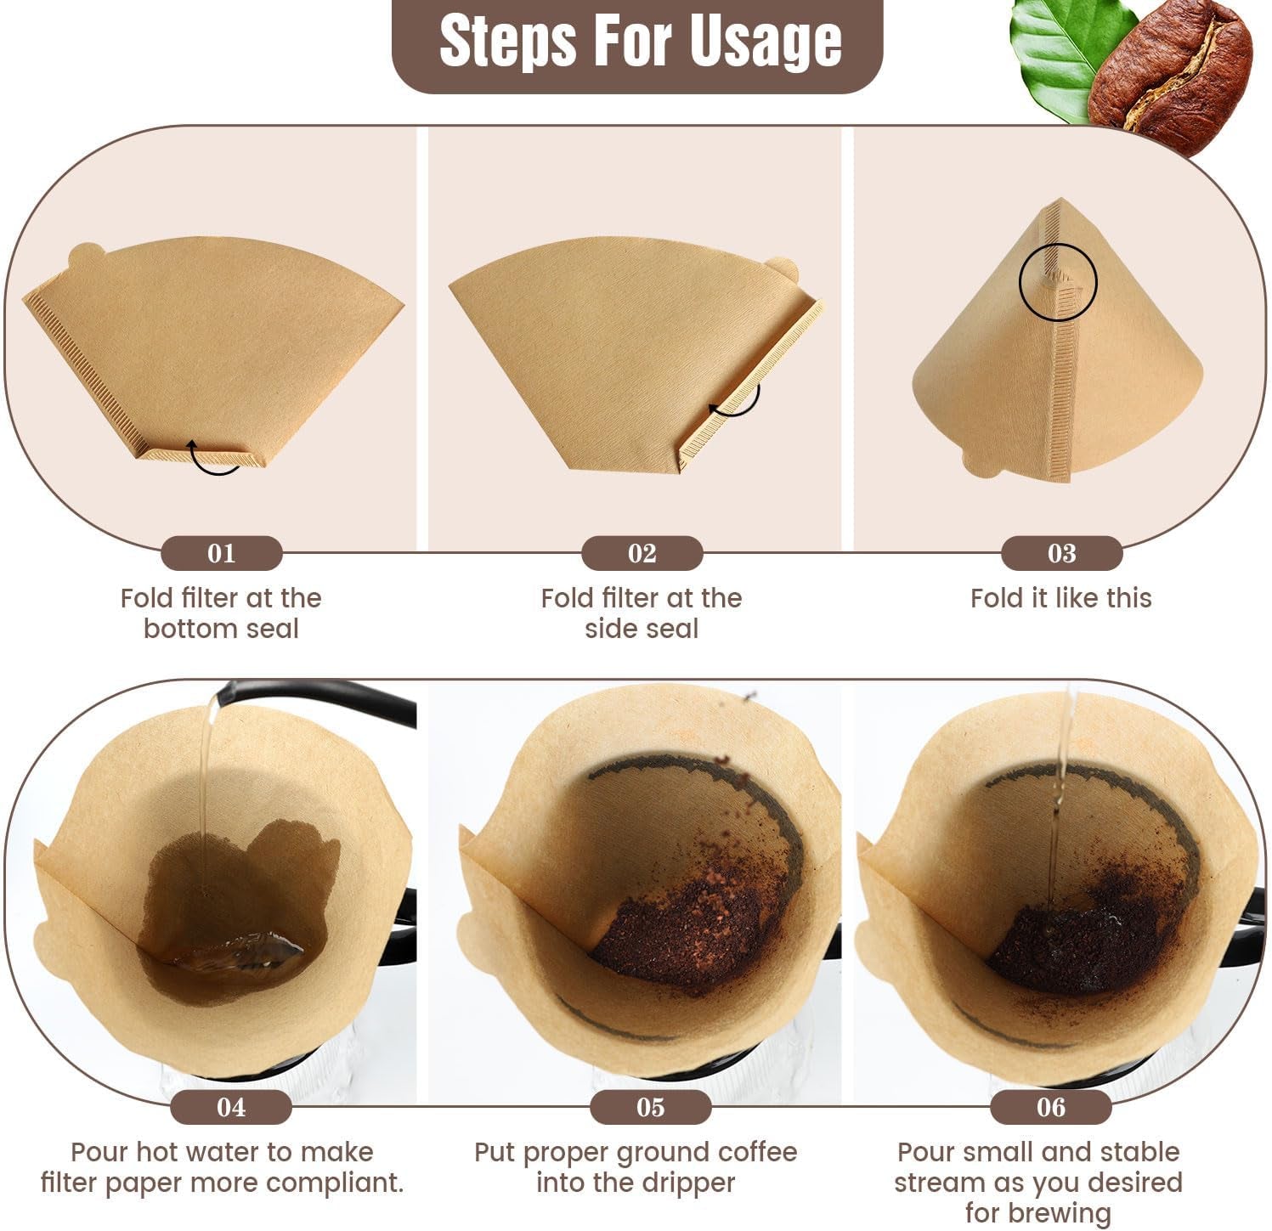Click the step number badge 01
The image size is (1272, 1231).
221,553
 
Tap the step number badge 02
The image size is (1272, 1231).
642,553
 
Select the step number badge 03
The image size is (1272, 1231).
1061,553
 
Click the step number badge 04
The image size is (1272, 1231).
230,1107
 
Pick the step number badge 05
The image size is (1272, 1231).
650,1107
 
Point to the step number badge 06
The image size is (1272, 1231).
1050,1107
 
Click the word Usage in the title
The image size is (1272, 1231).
765,42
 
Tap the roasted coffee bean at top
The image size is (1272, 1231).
1173,76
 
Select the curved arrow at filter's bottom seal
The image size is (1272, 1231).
214,459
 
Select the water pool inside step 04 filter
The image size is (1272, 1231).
238,951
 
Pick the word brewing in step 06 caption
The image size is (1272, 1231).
1037,1212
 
